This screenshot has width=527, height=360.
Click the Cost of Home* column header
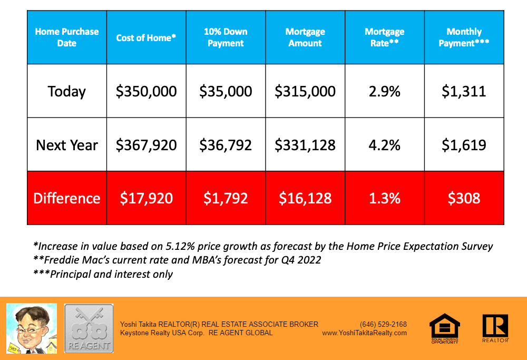(146, 37)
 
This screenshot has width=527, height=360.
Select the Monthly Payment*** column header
(464, 37)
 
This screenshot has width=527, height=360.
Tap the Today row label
(66, 91)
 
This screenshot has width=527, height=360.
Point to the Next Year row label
(67, 145)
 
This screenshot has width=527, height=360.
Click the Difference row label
(67, 198)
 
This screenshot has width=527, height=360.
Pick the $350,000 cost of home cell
(146, 91)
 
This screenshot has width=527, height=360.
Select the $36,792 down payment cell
(226, 145)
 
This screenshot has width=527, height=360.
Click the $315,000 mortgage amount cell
(305, 91)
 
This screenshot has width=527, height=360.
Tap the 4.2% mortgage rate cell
(384, 145)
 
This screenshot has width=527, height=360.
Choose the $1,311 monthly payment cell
(464, 91)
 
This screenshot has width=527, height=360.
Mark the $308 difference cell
(464, 198)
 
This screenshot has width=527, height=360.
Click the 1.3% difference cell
(384, 198)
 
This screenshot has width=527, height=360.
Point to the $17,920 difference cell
(146, 198)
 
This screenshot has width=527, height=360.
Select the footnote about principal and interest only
(103, 274)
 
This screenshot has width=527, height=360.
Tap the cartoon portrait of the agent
(31, 328)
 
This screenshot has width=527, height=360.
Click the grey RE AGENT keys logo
(89, 328)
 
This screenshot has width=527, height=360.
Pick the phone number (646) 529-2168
(383, 324)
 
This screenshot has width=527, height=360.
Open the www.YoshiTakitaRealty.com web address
(364, 333)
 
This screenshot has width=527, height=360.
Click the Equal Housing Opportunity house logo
(444, 328)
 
